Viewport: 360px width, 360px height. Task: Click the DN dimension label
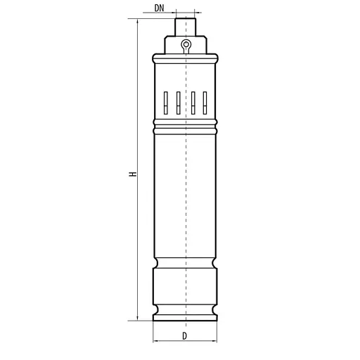[x=159, y=8]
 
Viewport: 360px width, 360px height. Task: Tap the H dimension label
[x=133, y=174]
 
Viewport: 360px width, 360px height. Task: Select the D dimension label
[x=185, y=336]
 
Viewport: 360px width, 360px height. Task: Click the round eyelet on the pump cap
[x=186, y=44]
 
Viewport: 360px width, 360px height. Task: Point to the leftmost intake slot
[x=166, y=103]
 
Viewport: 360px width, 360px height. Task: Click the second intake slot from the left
[x=179, y=103]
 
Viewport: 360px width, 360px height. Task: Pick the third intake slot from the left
[x=193, y=103]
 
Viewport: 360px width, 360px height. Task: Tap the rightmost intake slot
[x=205, y=103]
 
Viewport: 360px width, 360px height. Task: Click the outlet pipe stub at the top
[x=186, y=27]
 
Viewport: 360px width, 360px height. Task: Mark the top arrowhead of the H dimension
[x=137, y=22]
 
